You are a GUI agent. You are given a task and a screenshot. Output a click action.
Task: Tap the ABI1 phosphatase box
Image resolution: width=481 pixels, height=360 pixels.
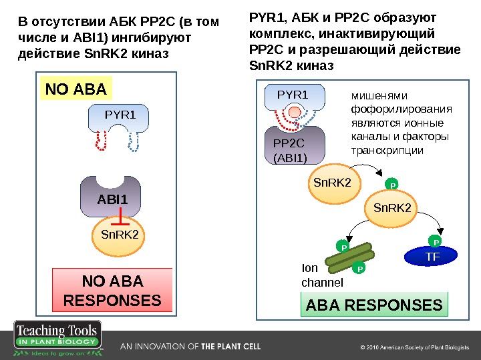[x=112, y=198]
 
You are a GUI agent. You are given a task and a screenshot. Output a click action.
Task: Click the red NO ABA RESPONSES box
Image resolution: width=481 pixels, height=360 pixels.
[x=112, y=290]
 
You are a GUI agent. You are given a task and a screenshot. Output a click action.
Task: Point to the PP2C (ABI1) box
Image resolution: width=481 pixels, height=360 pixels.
[x=292, y=148]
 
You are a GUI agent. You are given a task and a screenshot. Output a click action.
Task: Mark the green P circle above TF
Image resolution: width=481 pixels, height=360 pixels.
[x=436, y=241]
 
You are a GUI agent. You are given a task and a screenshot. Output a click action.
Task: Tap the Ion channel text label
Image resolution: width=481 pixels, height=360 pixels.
[x=322, y=275]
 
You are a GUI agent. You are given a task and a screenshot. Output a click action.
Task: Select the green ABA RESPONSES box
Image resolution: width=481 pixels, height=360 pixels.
[x=374, y=305]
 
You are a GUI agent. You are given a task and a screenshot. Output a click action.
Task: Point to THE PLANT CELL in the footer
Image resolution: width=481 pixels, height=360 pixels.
[x=231, y=347]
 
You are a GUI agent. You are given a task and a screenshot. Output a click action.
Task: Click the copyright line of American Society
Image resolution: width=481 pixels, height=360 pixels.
[x=415, y=347]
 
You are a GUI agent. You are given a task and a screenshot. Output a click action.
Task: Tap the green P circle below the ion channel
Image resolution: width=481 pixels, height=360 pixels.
[x=359, y=269]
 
